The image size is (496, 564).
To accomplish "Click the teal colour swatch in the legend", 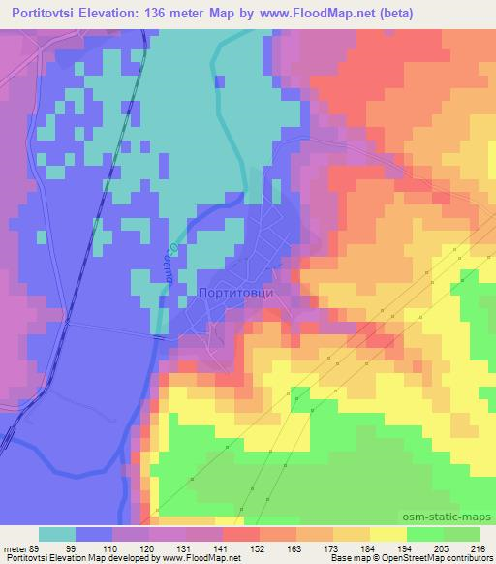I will [x=57, y=535].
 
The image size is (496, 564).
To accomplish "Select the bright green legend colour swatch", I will [x=425, y=535].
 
